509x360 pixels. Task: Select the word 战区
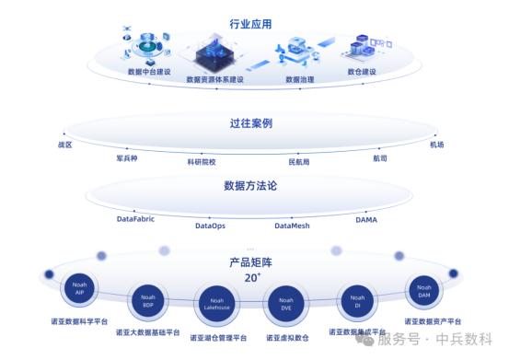click(64, 145)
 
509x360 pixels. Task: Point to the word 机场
click(436, 145)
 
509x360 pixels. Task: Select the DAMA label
click(366, 220)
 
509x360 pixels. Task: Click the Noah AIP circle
click(79, 290)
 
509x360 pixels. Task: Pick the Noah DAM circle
click(424, 290)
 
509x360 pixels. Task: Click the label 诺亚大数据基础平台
click(148, 332)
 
